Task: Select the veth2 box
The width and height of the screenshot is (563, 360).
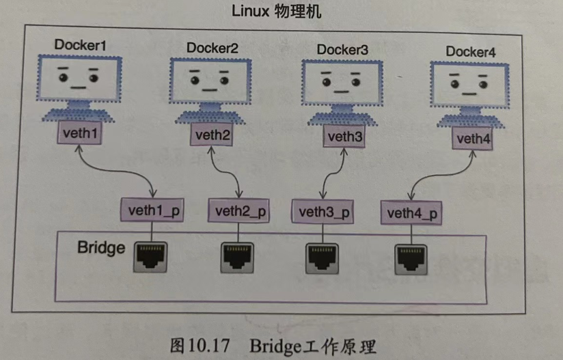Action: click(x=213, y=135)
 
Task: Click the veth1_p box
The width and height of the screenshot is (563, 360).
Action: click(x=152, y=209)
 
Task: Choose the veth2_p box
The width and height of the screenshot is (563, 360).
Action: click(x=238, y=210)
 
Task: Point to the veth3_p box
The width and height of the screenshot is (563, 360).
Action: click(x=325, y=211)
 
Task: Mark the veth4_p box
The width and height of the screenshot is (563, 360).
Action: click(x=411, y=213)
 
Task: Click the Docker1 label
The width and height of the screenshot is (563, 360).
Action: click(x=81, y=45)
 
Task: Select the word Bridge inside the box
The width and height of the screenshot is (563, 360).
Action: click(x=101, y=247)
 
